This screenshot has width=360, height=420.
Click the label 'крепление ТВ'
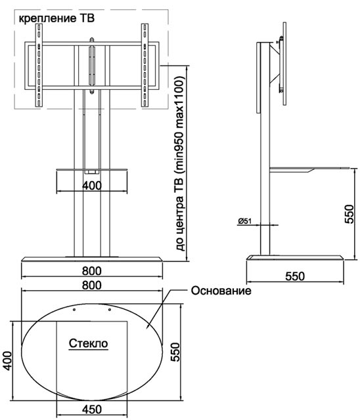pyautogui.click(x=56, y=18)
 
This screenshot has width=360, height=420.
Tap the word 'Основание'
pyautogui.click(x=221, y=291)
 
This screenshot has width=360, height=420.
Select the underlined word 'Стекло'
pyautogui.click(x=89, y=343)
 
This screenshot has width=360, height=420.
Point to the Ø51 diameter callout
pyautogui.click(x=244, y=221)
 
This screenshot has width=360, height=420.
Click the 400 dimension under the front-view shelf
pyautogui.click(x=92, y=185)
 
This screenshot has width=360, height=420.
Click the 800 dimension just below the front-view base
pyautogui.click(x=92, y=271)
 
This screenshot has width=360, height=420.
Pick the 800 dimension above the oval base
pyautogui.click(x=92, y=285)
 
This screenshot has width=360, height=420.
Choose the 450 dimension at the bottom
pyautogui.click(x=92, y=409)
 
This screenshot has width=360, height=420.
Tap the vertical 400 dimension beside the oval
pyautogui.click(x=7, y=361)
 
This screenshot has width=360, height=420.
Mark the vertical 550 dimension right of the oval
pyautogui.click(x=175, y=352)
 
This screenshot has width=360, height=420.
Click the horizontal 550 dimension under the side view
pyautogui.click(x=295, y=276)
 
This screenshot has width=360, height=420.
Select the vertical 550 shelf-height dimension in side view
pyautogui.click(x=349, y=214)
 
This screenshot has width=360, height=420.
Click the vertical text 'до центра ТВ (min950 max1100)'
pyautogui.click(x=180, y=163)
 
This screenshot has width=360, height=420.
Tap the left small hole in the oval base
pyautogui.click(x=74, y=310)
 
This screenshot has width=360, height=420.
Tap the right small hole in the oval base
pyautogui.click(x=109, y=310)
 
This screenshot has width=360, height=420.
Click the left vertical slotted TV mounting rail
pyautogui.click(x=39, y=65)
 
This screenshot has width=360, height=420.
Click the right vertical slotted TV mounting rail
pyautogui.click(x=145, y=65)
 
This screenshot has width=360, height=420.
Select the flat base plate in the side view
pyautogui.click(x=295, y=257)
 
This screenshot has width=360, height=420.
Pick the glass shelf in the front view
pyautogui.click(x=92, y=169)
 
